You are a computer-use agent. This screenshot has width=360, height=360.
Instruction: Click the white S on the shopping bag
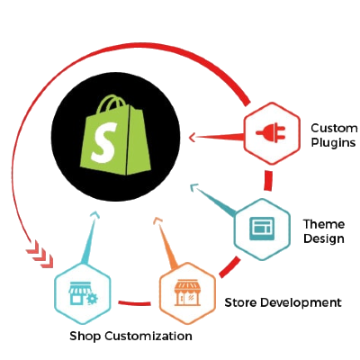point(103,143)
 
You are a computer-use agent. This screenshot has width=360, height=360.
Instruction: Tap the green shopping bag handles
point(112,104)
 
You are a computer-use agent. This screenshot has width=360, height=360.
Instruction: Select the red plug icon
point(271,132)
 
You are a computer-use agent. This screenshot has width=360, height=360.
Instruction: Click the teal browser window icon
point(262,229)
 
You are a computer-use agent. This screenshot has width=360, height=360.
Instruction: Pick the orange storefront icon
point(187,293)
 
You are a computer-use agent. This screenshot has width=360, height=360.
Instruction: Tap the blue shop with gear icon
point(83,293)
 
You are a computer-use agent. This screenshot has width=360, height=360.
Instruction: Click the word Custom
point(334,128)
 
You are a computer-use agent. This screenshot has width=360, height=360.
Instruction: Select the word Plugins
point(333,142)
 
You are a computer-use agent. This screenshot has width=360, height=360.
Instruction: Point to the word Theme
point(324,224)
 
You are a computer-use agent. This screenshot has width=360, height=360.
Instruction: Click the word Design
point(324,238)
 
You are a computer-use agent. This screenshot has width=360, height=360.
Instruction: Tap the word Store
point(241,302)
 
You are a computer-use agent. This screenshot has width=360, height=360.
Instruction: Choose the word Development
point(301,303)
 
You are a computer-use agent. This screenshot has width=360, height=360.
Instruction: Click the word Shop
point(85,336)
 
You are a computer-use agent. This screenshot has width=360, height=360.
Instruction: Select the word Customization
point(148,336)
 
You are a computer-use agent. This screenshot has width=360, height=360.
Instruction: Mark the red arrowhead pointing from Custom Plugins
point(193,138)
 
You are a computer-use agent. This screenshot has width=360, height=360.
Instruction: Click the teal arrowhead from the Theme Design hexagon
point(193,188)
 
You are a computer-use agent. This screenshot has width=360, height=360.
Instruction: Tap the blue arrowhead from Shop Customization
point(95,214)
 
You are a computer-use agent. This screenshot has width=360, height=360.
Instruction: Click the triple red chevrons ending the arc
point(40,254)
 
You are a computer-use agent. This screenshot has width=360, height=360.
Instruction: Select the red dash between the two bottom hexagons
point(134,303)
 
